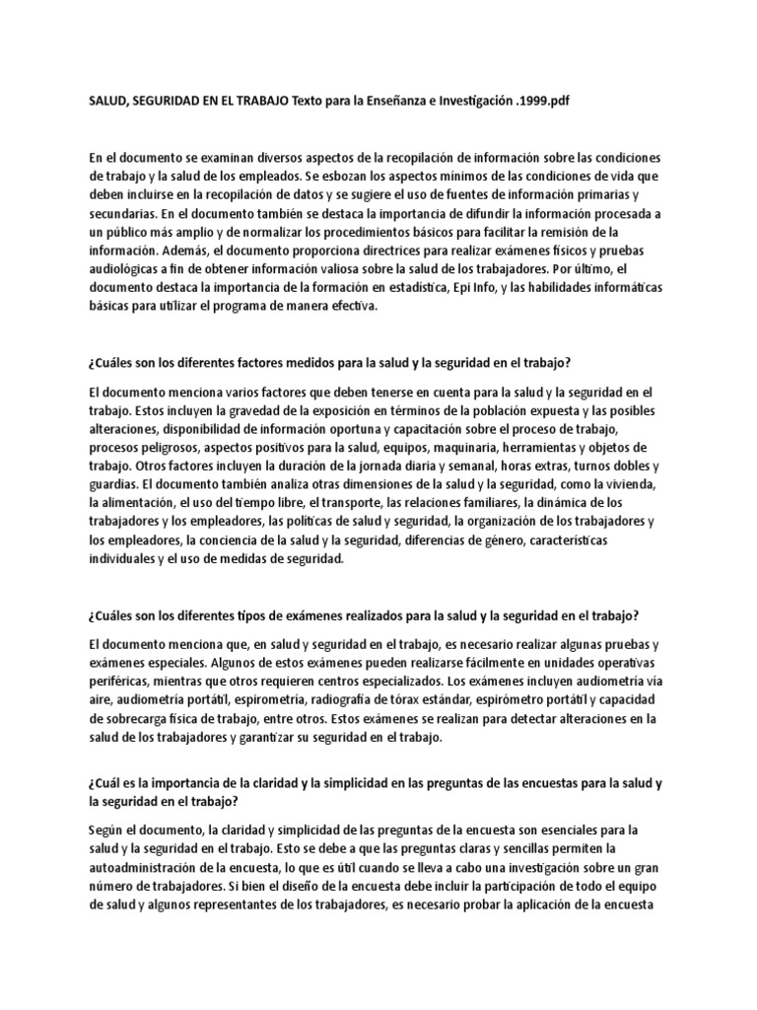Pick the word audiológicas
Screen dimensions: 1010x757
point(131,269)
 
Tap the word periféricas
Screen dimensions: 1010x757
point(125,682)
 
